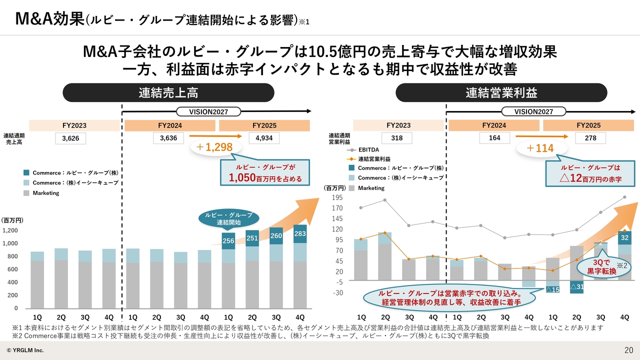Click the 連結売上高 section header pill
point(168,92)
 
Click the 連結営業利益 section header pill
point(501,92)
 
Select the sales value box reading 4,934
point(264,138)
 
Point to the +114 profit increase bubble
point(540,148)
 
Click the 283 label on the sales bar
point(300,233)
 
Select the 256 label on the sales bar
point(228,241)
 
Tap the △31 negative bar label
point(576,287)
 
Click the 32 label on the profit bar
point(624,237)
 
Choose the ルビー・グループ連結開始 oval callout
point(228,218)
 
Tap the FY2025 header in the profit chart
point(588,125)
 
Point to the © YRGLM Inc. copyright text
point(25,350)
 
